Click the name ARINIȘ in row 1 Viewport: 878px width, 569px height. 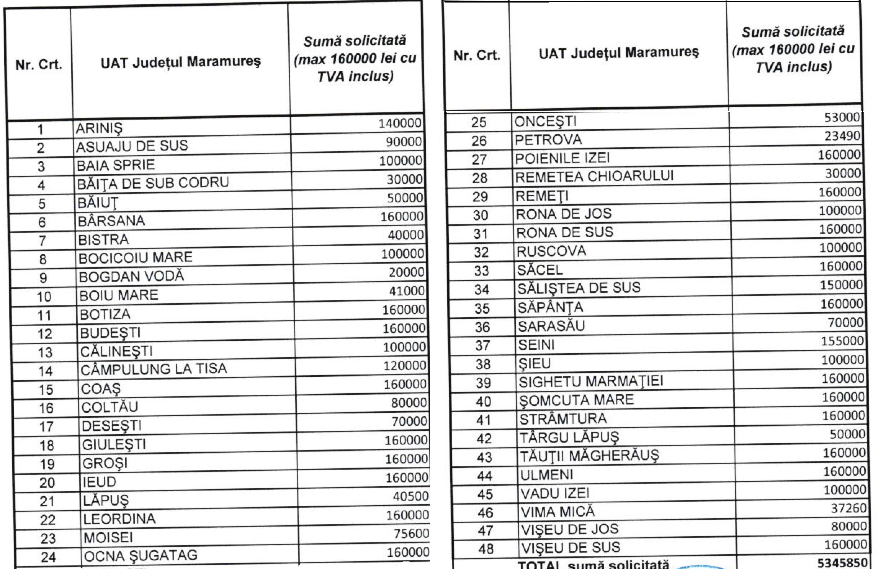click(x=99, y=129)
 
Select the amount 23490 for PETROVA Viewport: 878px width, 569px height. click(x=842, y=136)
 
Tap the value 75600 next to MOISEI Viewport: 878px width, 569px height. click(x=411, y=534)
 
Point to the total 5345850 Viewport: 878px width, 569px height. click(x=842, y=563)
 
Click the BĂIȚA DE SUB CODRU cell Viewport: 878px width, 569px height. click(x=153, y=183)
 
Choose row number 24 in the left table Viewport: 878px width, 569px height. click(x=48, y=557)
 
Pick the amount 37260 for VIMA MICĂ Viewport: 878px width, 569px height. click(x=848, y=508)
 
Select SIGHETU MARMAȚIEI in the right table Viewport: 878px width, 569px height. click(x=591, y=381)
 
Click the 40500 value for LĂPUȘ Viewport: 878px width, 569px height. click(x=410, y=496)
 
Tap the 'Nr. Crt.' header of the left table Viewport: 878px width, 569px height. click(x=39, y=65)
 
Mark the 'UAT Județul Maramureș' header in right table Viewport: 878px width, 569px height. click(x=619, y=53)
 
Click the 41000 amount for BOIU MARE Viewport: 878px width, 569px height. click(x=407, y=291)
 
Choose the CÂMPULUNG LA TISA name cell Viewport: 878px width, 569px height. click(x=153, y=369)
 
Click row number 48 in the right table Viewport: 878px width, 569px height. click(x=485, y=549)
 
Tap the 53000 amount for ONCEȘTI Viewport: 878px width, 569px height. click(x=842, y=117)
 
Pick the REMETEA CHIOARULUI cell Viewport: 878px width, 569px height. click(x=594, y=176)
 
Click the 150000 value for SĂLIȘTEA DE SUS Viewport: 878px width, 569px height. click(x=841, y=285)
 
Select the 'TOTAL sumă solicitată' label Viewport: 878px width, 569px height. click(x=593, y=565)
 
